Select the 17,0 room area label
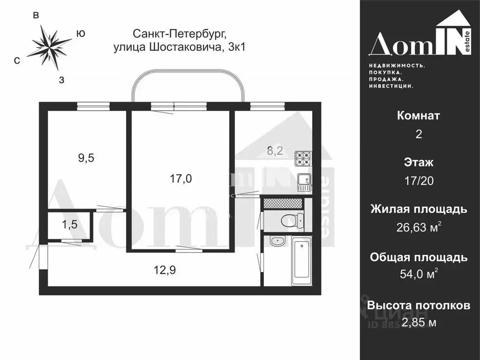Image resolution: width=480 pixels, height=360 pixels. pyautogui.click(x=181, y=178)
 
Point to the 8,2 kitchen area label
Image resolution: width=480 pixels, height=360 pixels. pyautogui.click(x=275, y=151)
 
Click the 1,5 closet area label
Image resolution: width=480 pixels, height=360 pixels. pyautogui.click(x=69, y=225)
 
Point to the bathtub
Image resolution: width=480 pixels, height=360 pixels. pyautogui.click(x=301, y=261)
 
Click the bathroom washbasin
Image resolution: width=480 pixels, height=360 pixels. pyautogui.click(x=277, y=241)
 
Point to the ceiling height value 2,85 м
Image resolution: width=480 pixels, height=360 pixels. pyautogui.click(x=419, y=322)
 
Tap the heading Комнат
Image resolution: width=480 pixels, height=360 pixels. pyautogui.click(x=419, y=116)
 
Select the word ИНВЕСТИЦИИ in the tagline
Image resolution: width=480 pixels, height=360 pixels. pyautogui.click(x=390, y=86)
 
